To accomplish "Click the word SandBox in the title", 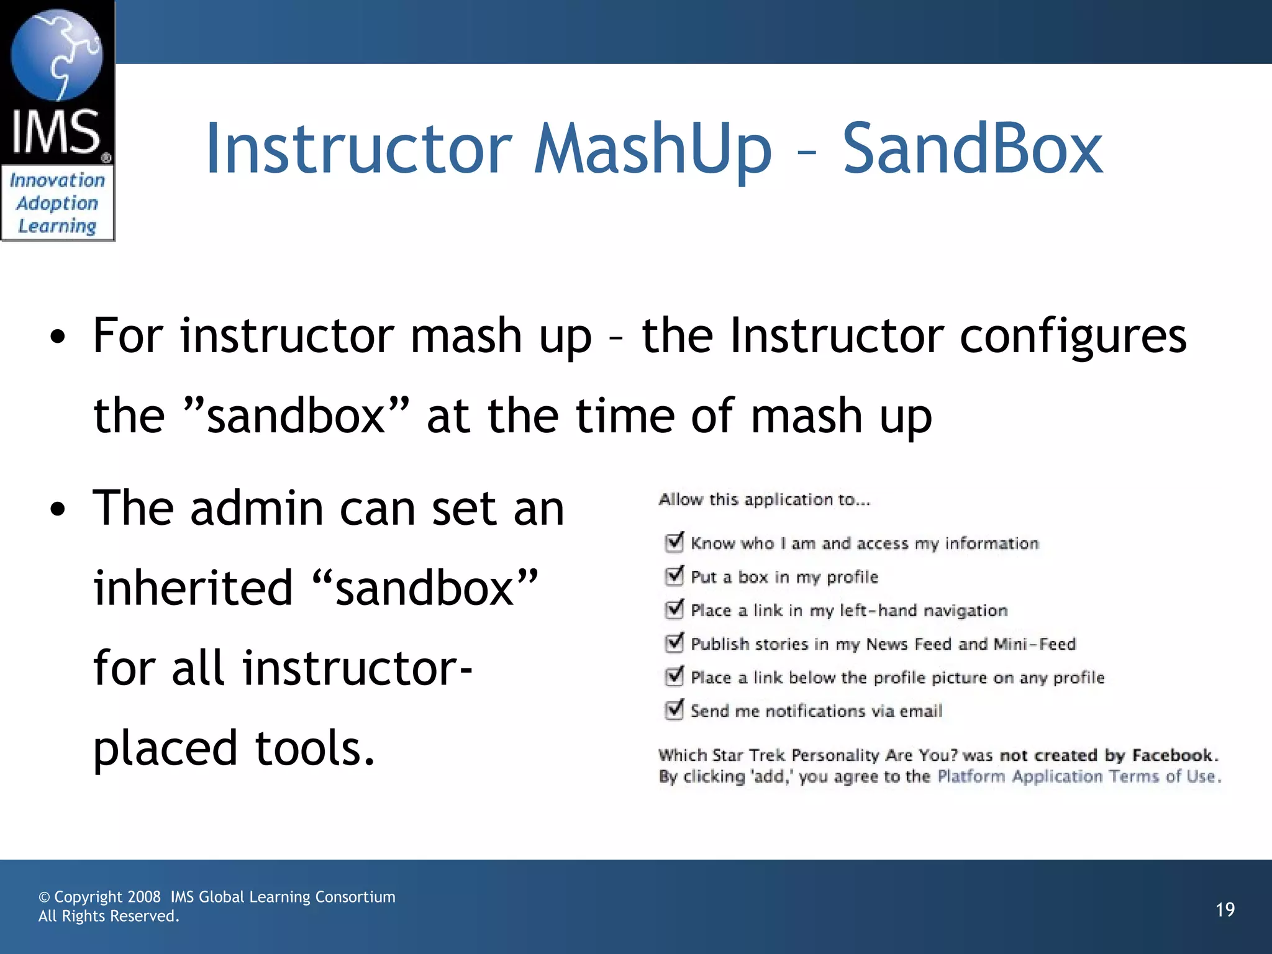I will click(972, 149).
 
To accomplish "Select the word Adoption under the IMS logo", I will click(57, 203).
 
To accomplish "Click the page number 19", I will click(1225, 910).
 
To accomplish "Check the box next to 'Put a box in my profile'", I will click(674, 576).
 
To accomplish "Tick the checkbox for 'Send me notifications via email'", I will click(674, 710).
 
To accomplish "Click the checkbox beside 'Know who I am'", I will click(674, 543).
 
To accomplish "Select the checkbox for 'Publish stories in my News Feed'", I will click(674, 643).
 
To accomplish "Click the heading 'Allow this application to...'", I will click(764, 499).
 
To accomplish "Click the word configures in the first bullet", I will click(1073, 336).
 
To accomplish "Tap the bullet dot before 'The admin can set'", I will click(58, 510).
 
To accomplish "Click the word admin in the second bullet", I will click(257, 509).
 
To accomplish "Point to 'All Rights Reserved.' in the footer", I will click(109, 916).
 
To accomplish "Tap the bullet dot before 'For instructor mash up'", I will click(58, 337).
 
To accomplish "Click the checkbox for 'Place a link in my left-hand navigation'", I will click(674, 610).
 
